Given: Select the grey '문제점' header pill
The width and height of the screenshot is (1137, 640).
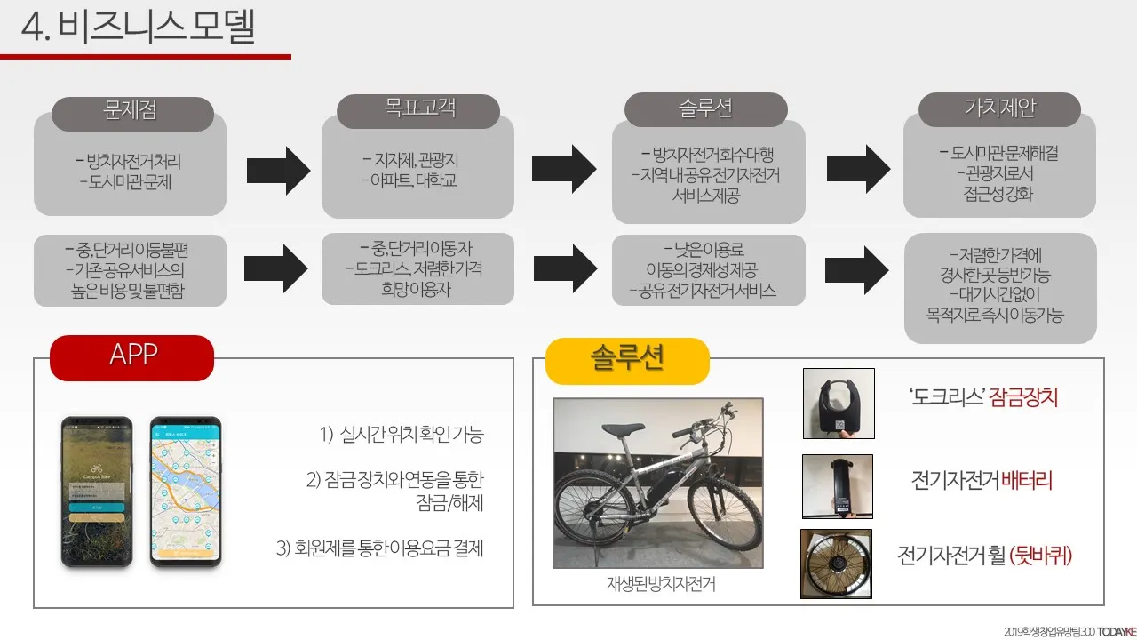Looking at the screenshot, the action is click(132, 113).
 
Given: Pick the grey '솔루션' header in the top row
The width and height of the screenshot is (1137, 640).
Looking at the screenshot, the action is click(705, 109).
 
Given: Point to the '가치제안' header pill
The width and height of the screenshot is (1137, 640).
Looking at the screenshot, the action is click(999, 109).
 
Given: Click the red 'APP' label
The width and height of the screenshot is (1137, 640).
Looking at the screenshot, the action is click(132, 356).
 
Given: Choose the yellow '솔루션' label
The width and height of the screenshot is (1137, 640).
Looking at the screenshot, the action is click(627, 360).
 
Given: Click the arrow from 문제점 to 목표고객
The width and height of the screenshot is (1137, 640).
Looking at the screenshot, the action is click(278, 166).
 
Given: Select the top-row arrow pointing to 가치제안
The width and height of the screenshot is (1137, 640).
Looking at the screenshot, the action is click(858, 166).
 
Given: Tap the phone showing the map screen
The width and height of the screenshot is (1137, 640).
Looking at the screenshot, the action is click(185, 490).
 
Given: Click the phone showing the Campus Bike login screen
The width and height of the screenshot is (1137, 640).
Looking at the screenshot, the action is click(96, 490).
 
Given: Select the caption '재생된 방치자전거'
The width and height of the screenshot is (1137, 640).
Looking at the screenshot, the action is click(659, 585).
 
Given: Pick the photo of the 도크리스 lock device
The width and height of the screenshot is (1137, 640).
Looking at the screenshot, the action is click(838, 403).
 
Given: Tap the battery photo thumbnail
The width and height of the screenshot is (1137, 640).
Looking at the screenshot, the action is click(837, 486).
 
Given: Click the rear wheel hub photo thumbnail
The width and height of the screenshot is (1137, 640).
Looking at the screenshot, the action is click(836, 564).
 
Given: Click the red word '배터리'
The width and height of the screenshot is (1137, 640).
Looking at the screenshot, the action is click(1027, 482).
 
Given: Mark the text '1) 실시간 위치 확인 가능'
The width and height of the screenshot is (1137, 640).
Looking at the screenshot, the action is click(402, 435).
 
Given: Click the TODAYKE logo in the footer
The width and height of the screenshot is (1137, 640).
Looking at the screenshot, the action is click(1115, 631).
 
